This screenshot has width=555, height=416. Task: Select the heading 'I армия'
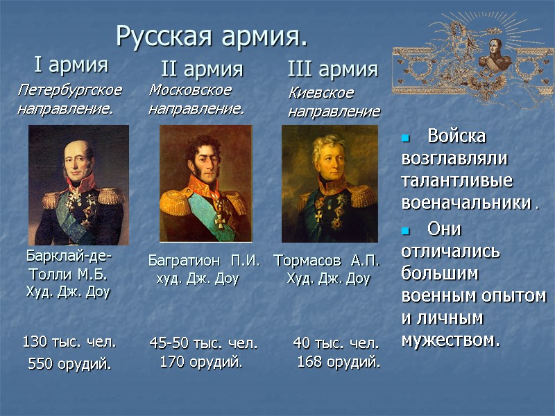[71, 65]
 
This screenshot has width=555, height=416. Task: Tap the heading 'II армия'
[202, 69]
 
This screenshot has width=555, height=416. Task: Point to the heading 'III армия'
[332, 69]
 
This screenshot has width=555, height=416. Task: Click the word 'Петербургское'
[70, 90]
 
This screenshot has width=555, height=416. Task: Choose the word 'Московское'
[190, 90]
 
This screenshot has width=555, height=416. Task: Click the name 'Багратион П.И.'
[204, 261]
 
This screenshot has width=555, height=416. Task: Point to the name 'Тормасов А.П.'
[327, 261]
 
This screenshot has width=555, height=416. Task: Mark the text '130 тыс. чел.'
[69, 342]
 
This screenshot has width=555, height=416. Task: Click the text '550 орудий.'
[69, 364]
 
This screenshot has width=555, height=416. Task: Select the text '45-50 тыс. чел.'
[203, 343]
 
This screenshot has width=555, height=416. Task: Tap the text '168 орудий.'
[339, 362]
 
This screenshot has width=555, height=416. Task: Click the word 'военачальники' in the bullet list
[466, 205]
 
